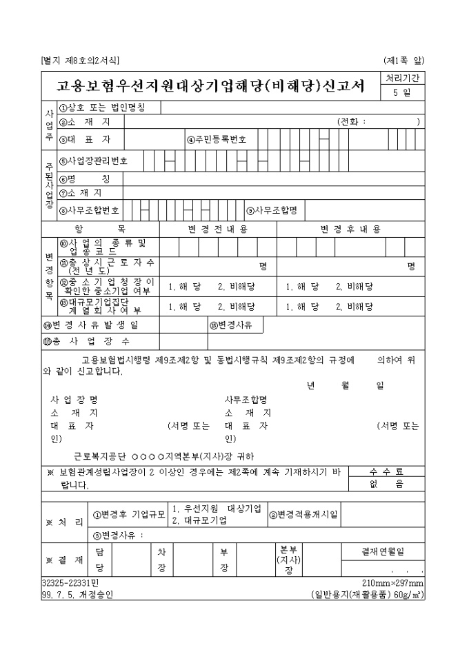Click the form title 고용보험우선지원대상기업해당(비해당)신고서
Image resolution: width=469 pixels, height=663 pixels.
coord(210,86)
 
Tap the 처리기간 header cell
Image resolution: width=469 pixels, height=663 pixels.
coord(403,79)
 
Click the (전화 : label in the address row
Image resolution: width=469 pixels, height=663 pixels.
coord(352,122)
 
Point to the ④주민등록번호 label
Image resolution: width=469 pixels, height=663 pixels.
coord(217,139)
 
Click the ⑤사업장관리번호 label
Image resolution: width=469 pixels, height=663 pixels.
coord(92,162)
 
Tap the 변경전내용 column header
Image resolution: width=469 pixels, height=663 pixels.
coord(218,229)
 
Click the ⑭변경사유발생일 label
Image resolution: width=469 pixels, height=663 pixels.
coord(90,325)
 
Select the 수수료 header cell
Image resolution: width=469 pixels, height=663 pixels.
coord(386,471)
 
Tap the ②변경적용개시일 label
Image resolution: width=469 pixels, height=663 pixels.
coord(303,514)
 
